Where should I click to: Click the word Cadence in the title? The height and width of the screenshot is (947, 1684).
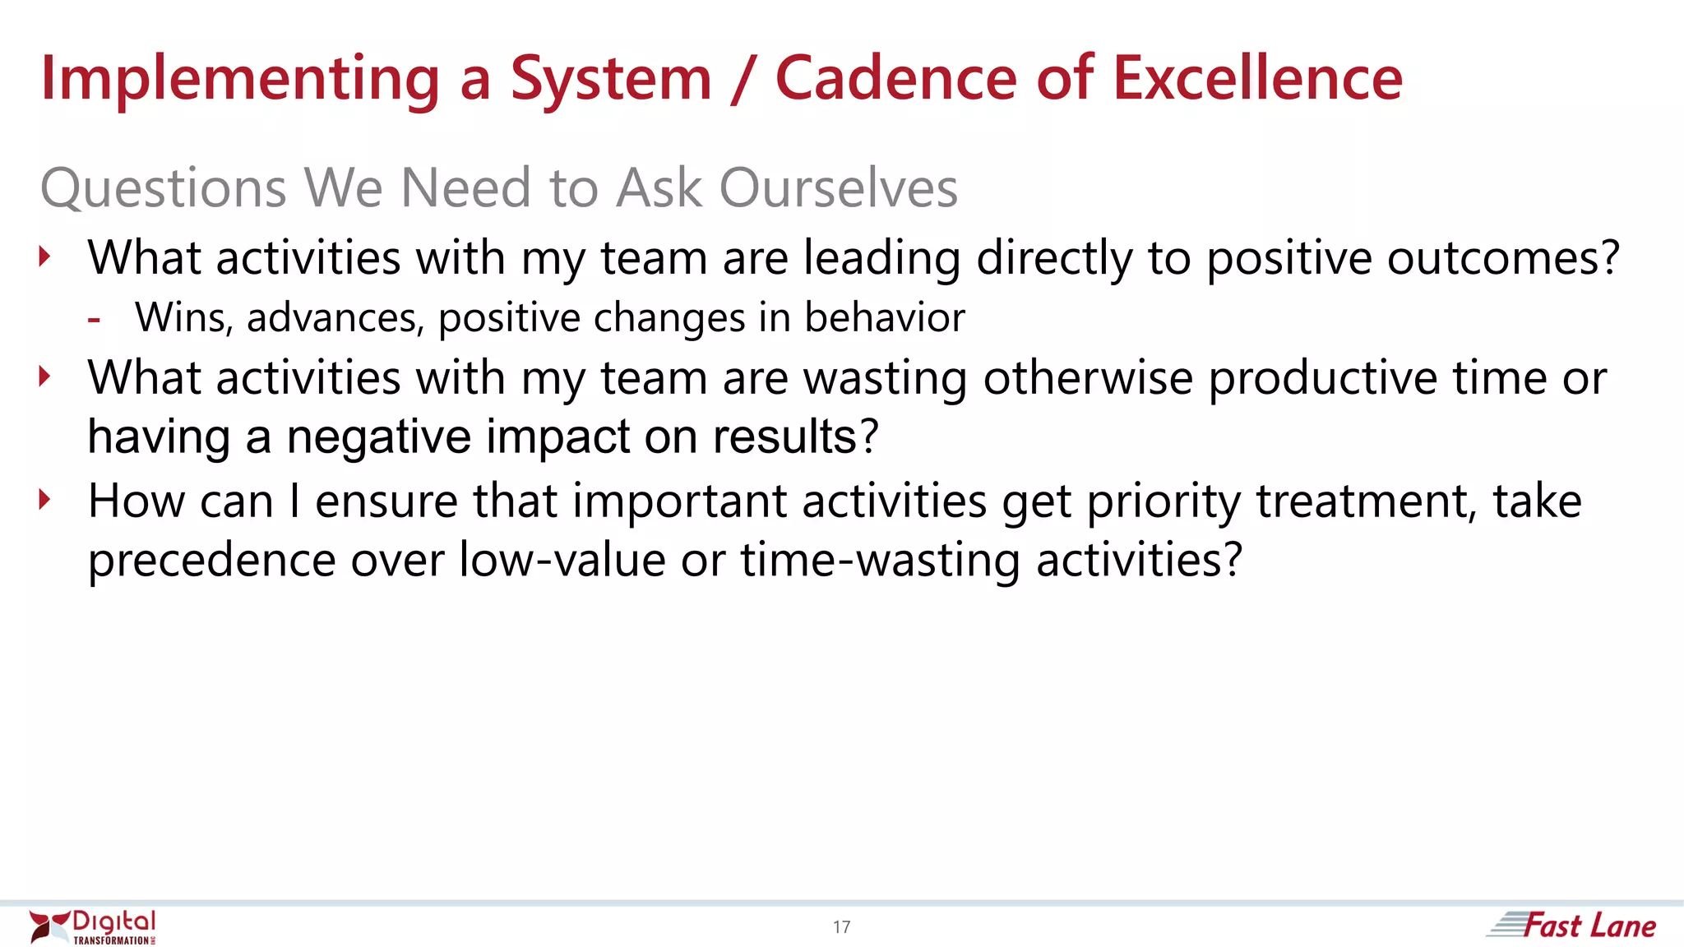click(x=895, y=78)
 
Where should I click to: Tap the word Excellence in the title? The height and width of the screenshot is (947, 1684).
click(x=1257, y=78)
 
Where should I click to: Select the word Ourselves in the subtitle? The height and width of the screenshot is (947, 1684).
click(x=838, y=187)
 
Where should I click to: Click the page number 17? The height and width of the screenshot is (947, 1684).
click(x=841, y=927)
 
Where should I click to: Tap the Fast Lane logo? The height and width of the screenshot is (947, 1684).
click(x=1573, y=926)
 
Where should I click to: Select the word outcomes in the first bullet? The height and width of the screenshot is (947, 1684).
click(x=1502, y=258)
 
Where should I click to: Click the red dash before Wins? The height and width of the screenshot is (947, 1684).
click(x=94, y=320)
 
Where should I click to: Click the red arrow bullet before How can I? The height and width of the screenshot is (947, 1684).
click(x=44, y=499)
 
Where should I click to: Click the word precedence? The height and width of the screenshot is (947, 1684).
click(x=211, y=561)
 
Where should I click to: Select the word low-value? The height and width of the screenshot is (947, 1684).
click(x=562, y=561)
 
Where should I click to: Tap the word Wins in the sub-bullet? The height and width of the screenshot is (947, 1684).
click(x=183, y=317)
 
